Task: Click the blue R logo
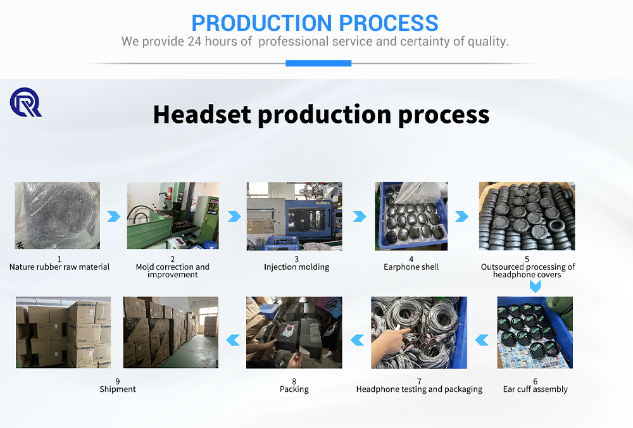[25, 103]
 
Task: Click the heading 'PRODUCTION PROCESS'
[315, 23]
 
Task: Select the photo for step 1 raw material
[58, 215]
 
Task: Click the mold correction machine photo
[173, 215]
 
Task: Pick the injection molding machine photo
[294, 216]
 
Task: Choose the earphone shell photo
[411, 216]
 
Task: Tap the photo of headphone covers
[527, 216]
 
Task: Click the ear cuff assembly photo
[535, 332]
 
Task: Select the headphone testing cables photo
[419, 332]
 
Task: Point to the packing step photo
[294, 332]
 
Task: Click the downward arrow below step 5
[535, 286]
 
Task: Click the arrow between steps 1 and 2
[113, 217]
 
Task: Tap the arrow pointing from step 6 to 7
[482, 340]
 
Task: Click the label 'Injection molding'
[297, 267]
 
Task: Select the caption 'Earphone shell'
[411, 267]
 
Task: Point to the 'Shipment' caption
[118, 389]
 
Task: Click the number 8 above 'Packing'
[294, 382]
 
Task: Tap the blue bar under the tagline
[318, 63]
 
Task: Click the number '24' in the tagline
[194, 42]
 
